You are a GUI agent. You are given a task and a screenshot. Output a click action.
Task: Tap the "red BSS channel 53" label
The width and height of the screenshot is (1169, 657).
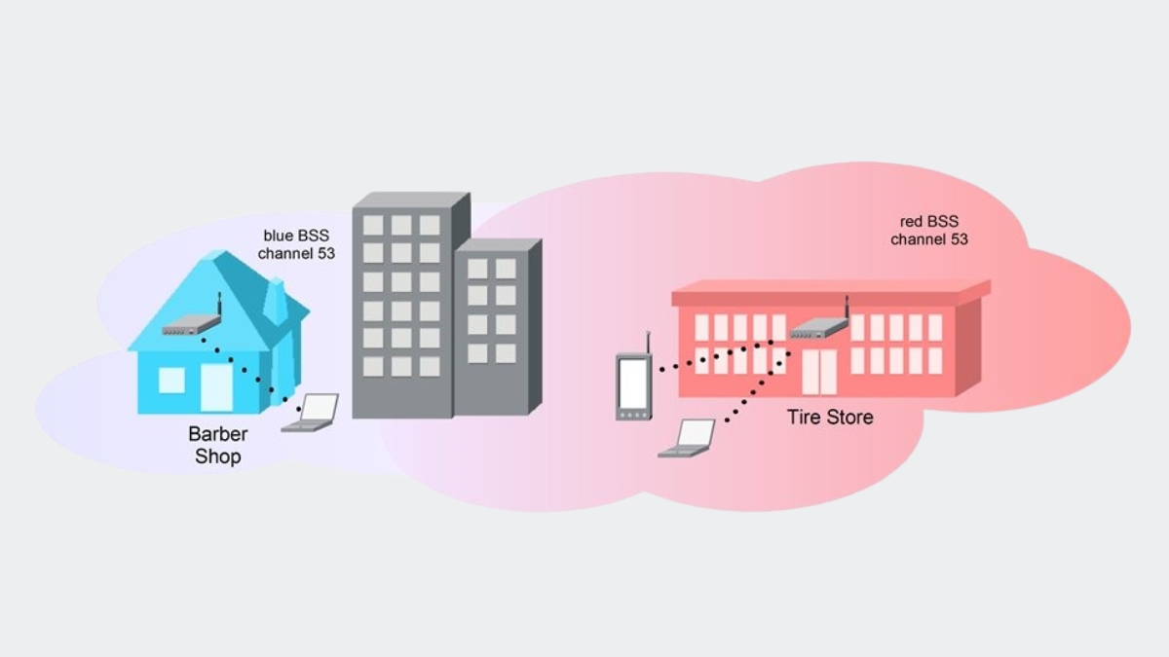[x=929, y=230]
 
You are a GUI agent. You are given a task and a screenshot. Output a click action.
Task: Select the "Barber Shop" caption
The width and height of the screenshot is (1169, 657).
[x=218, y=445]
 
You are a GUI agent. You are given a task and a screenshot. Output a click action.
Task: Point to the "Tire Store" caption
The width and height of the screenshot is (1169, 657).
[x=830, y=418]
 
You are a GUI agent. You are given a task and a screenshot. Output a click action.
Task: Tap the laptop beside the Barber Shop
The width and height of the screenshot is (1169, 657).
[x=312, y=413]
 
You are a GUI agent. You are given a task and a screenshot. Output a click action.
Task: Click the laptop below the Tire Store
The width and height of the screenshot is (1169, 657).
[x=689, y=438]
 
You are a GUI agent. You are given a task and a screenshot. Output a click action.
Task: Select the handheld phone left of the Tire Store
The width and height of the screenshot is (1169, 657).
[x=633, y=385]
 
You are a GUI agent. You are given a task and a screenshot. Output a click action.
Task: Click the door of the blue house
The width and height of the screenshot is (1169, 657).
[x=216, y=388]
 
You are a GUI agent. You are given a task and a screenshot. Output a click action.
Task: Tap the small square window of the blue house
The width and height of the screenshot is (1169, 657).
[x=171, y=380]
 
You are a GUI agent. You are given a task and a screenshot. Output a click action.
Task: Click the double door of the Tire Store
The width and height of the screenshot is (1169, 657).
[x=818, y=373]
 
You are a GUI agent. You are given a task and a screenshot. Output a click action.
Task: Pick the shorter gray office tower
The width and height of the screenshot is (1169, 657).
[x=497, y=326]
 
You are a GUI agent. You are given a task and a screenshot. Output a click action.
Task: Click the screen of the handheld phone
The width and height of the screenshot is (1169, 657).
[x=633, y=383]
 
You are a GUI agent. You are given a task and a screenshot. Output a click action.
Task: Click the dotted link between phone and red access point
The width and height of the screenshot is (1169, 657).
[x=721, y=354]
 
